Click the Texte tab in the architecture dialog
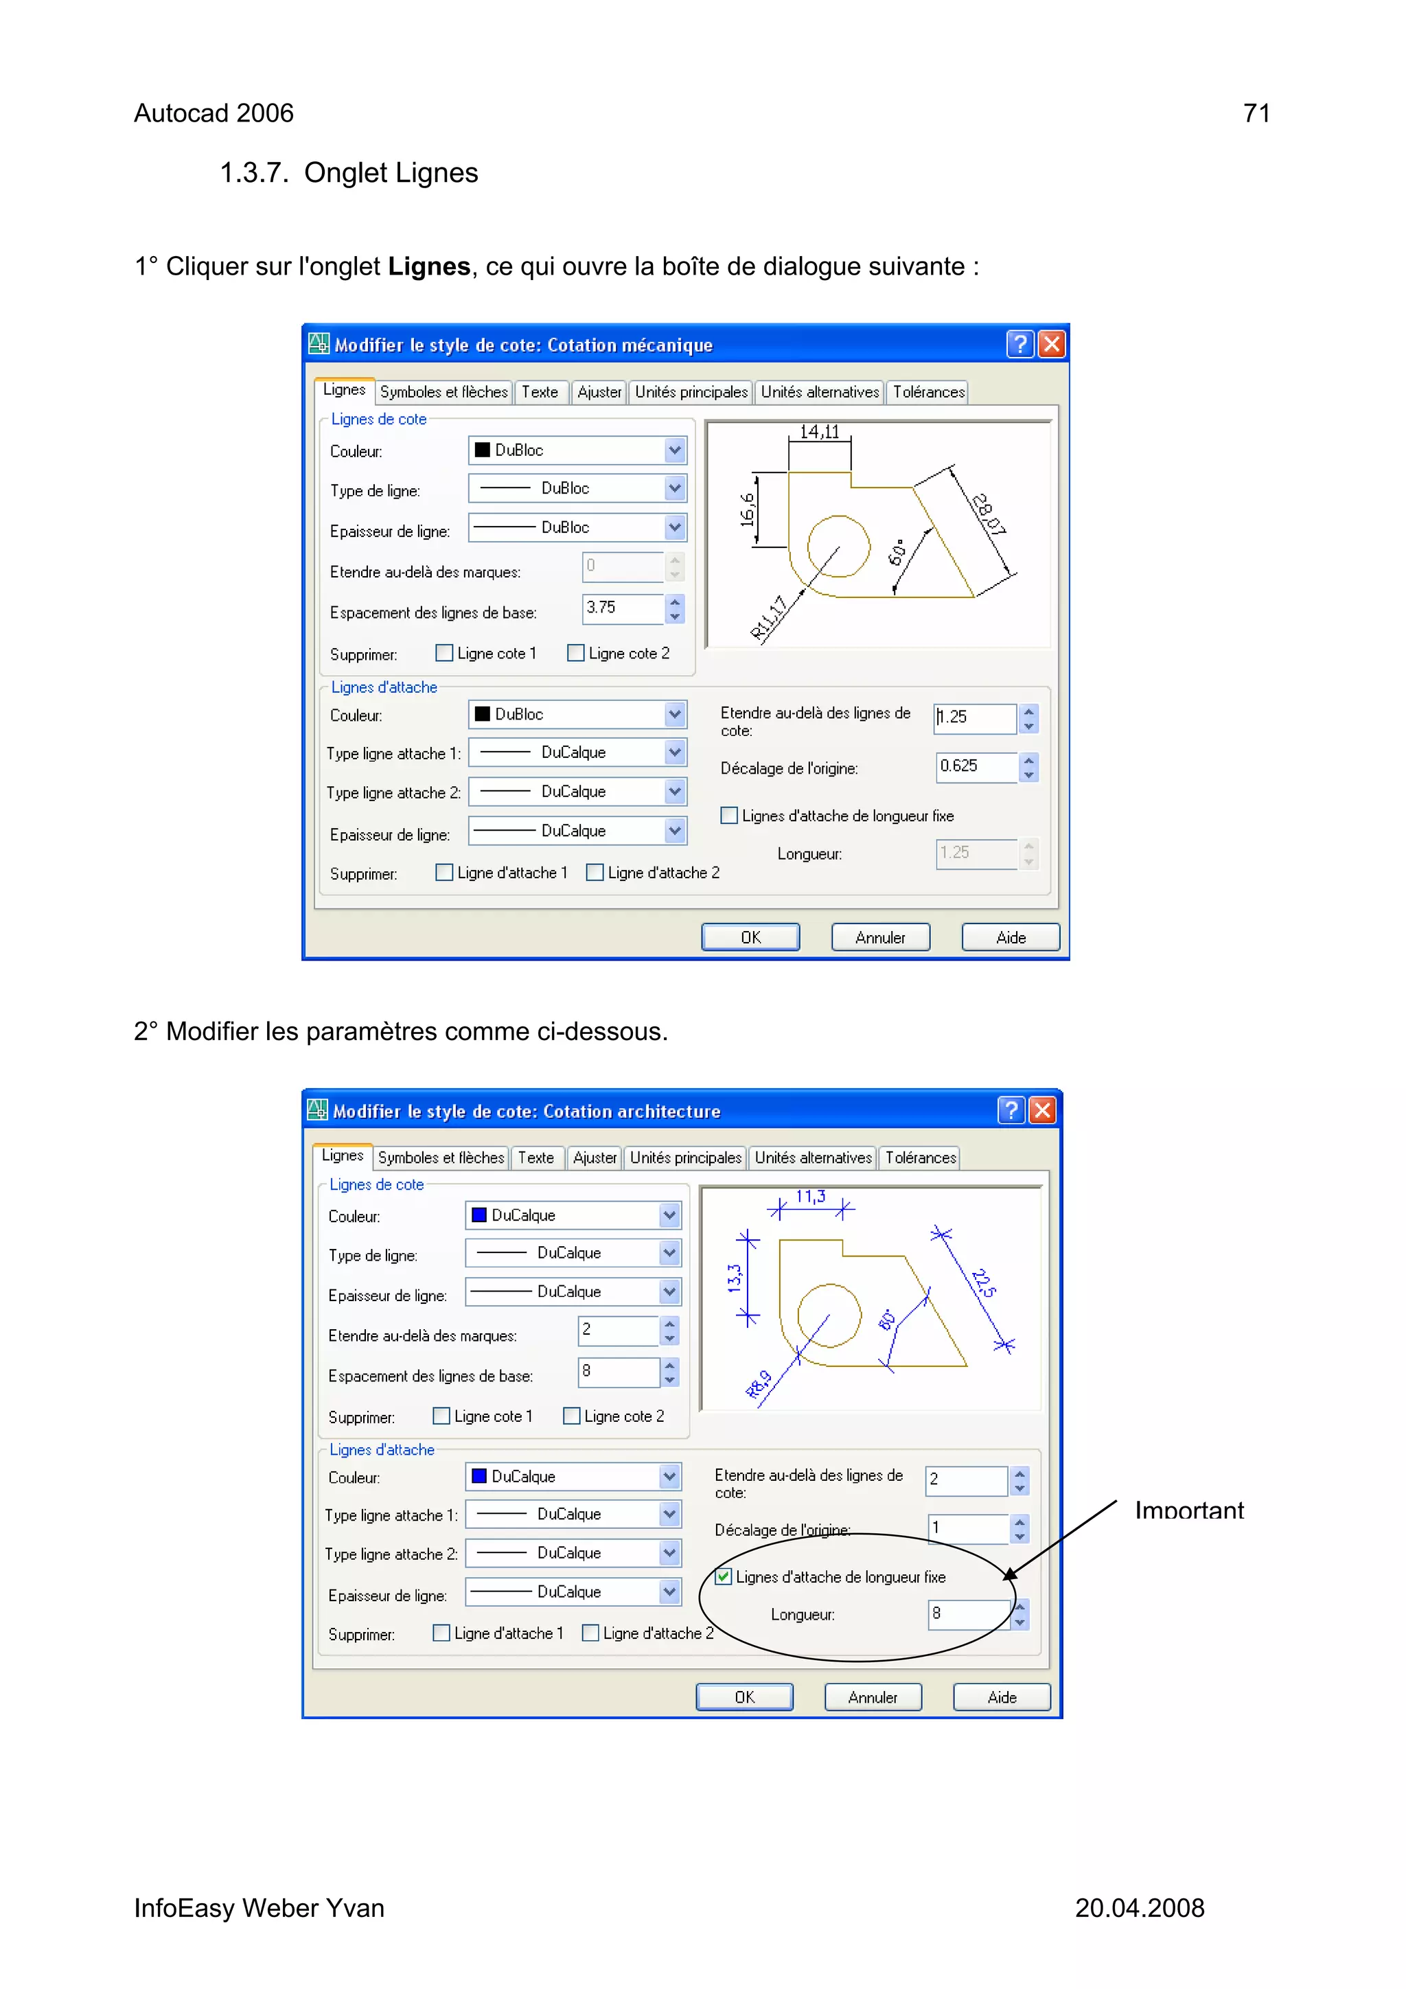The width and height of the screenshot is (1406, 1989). coord(535,1158)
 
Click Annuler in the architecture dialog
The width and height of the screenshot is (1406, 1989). coord(873,1697)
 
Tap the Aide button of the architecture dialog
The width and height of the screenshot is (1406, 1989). coord(1002,1697)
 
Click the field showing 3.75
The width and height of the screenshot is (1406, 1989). coord(622,608)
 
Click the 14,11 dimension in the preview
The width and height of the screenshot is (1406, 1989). coord(818,431)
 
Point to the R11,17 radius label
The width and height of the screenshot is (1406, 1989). coord(768,618)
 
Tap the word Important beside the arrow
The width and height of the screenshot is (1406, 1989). coord(1188,1511)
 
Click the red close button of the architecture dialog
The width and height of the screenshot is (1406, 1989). coord(1042,1111)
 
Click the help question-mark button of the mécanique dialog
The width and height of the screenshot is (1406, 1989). coord(1019,345)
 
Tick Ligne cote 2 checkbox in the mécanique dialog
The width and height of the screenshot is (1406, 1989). coord(575,653)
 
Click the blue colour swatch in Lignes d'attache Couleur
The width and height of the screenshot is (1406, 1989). coord(479,1476)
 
